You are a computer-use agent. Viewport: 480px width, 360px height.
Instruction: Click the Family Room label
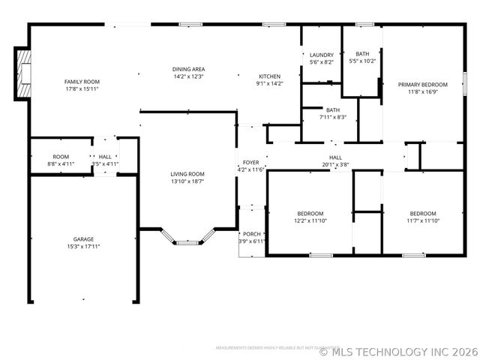(x=82, y=82)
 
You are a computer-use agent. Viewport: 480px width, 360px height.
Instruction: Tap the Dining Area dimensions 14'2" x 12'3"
(x=189, y=76)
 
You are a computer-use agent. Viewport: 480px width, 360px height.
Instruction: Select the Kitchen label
(x=270, y=76)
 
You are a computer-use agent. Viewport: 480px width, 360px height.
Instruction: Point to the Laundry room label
(x=322, y=55)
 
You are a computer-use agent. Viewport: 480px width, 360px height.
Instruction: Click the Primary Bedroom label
(x=422, y=85)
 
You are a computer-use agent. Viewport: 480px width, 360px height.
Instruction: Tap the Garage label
(x=83, y=239)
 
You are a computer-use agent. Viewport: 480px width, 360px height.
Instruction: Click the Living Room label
(x=187, y=174)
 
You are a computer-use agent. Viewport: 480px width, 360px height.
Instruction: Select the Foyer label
(x=250, y=162)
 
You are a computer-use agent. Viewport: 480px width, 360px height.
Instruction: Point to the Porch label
(x=251, y=233)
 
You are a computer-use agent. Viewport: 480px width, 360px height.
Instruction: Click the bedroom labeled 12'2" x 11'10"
(x=310, y=213)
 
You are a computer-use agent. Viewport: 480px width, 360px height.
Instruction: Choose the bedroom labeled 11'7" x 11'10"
(x=422, y=213)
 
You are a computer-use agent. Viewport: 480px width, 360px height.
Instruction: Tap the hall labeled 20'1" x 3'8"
(x=335, y=157)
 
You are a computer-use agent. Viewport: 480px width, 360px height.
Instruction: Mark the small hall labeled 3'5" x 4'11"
(x=105, y=157)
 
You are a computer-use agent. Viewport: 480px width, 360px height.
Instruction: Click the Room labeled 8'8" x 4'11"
(x=61, y=157)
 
